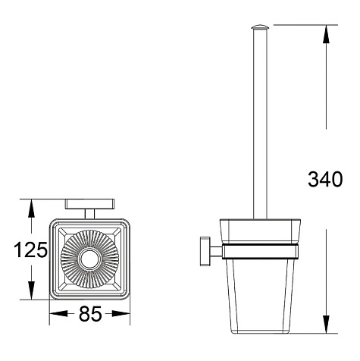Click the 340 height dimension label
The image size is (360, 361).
click(325, 179)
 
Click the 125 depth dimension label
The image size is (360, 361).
click(30, 250)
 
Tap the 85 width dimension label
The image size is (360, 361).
click(90, 314)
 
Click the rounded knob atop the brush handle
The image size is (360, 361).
click(260, 27)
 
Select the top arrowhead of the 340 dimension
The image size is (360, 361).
click(326, 34)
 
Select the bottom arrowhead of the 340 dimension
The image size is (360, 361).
click(326, 324)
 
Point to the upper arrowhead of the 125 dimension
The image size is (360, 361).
click(31, 209)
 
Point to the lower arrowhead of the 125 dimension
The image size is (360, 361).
click(31, 290)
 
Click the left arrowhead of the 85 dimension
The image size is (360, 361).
click(58, 314)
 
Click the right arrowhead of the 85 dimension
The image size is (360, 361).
click(121, 314)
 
